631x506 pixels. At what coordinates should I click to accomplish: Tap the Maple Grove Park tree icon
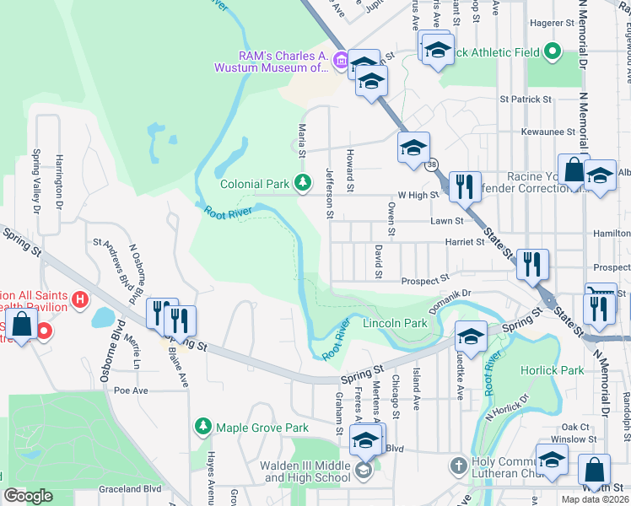pyautogui.click(x=202, y=427)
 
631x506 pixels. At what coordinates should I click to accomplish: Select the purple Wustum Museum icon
pyautogui.click(x=341, y=60)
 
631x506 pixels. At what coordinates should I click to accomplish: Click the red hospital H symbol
pyautogui.click(x=80, y=299)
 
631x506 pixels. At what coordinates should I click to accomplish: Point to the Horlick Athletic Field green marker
pyautogui.click(x=553, y=52)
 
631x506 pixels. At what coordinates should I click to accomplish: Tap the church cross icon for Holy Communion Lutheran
pyautogui.click(x=457, y=466)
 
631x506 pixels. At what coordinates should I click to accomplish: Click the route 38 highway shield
pyautogui.click(x=432, y=164)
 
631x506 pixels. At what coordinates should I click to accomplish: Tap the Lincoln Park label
pyautogui.click(x=395, y=323)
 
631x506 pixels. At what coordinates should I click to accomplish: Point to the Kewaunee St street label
pyautogui.click(x=547, y=132)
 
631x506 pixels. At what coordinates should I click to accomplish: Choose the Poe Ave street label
pyautogui.click(x=131, y=390)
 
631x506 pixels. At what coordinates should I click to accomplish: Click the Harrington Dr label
pyautogui.click(x=60, y=179)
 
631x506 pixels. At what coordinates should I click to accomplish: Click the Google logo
pyautogui.click(x=28, y=496)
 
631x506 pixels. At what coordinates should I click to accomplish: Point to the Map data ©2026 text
pyautogui.click(x=595, y=499)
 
